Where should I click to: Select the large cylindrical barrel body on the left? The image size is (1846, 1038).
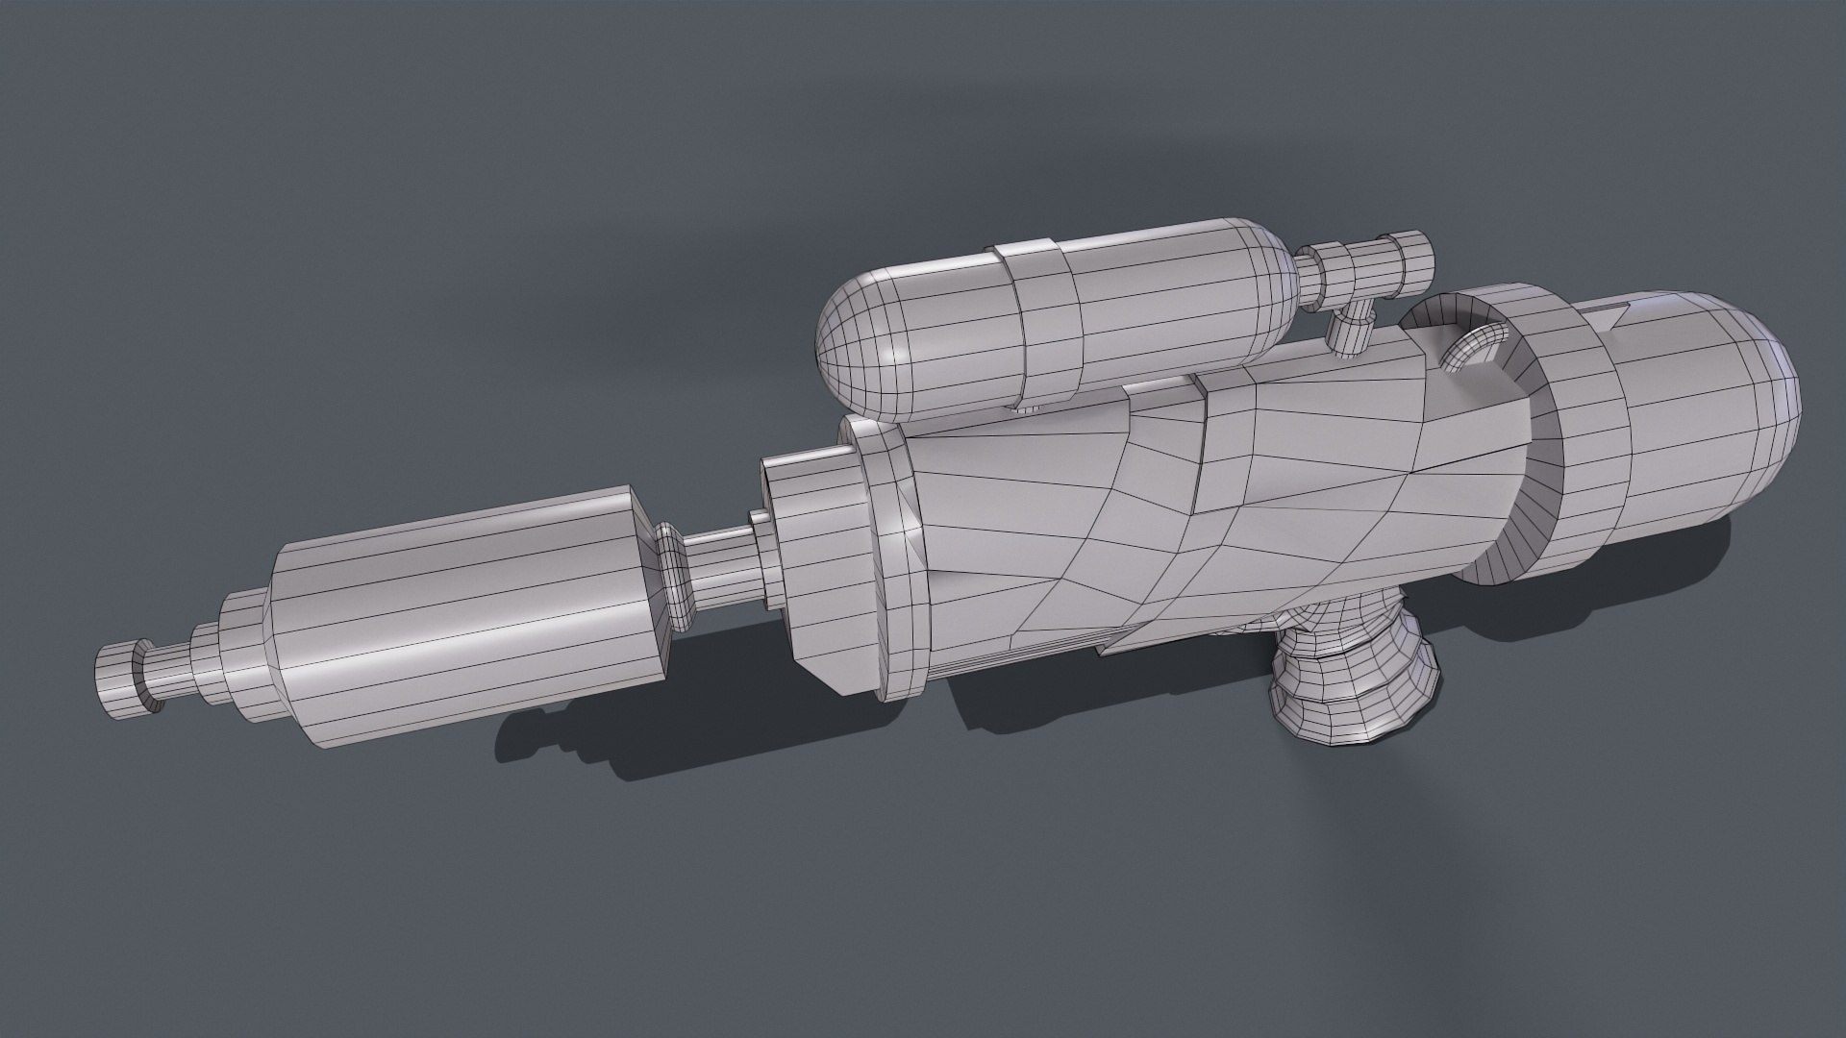[461, 615]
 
